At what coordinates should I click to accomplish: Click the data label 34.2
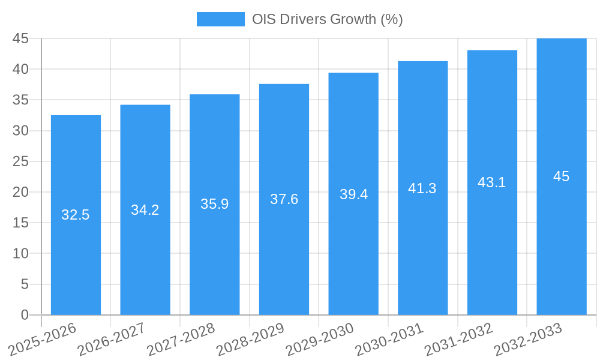tap(145, 210)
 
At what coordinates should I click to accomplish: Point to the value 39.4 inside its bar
tap(353, 194)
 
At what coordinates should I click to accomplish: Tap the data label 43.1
tap(492, 182)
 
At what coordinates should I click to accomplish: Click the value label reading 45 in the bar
tap(562, 176)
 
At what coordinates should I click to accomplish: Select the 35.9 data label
tap(214, 204)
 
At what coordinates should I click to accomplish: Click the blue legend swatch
tap(220, 19)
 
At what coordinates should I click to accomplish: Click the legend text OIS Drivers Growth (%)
tap(327, 19)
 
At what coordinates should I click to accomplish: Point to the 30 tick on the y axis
tap(20, 131)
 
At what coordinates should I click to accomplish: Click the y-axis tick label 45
tap(20, 38)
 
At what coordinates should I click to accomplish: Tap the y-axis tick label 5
tap(25, 284)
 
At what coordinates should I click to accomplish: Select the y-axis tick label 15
tap(20, 223)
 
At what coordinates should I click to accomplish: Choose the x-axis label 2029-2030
tap(319, 339)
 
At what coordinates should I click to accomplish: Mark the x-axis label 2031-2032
tap(458, 339)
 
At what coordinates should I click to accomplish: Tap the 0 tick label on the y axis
tap(25, 315)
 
